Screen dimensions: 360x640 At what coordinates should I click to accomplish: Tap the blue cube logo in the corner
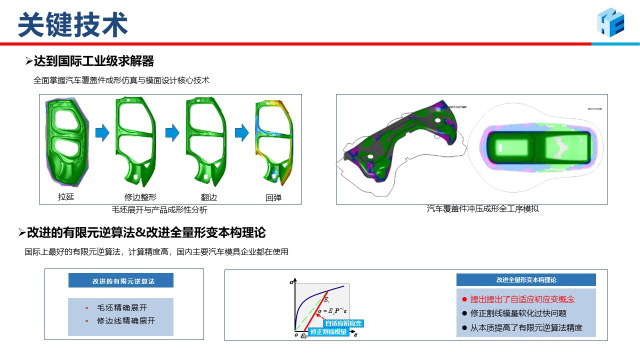[x=610, y=22]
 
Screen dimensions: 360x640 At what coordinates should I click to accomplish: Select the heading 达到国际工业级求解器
[x=93, y=61]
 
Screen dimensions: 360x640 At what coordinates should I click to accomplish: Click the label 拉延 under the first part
[x=66, y=196]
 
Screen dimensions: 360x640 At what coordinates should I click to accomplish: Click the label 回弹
[x=273, y=197]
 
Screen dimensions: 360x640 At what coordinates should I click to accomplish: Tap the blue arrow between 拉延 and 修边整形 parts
[x=102, y=132]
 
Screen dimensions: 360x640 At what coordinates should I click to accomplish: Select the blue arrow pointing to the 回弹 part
[x=241, y=132]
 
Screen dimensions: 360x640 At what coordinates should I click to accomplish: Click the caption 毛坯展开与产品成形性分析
[x=159, y=210]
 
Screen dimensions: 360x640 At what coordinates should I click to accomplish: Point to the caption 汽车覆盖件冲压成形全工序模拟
[x=482, y=209]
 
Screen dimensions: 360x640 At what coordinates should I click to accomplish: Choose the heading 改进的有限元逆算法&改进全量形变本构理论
[x=146, y=232]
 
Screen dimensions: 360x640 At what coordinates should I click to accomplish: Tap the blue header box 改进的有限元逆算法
[x=121, y=280]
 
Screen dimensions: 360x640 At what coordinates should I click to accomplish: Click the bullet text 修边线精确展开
[x=126, y=321]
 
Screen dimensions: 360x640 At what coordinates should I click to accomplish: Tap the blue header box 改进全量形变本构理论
[x=526, y=280]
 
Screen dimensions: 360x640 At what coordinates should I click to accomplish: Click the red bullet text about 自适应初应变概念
[x=522, y=299]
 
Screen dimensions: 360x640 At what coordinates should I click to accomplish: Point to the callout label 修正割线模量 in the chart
[x=328, y=331]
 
